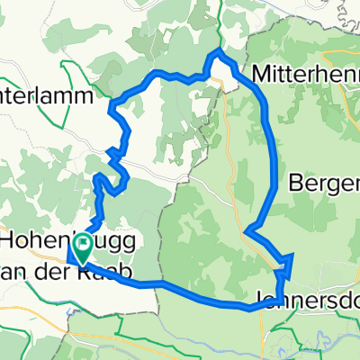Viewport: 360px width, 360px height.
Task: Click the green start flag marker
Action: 85,246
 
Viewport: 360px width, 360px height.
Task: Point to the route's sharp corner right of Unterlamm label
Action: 112,111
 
